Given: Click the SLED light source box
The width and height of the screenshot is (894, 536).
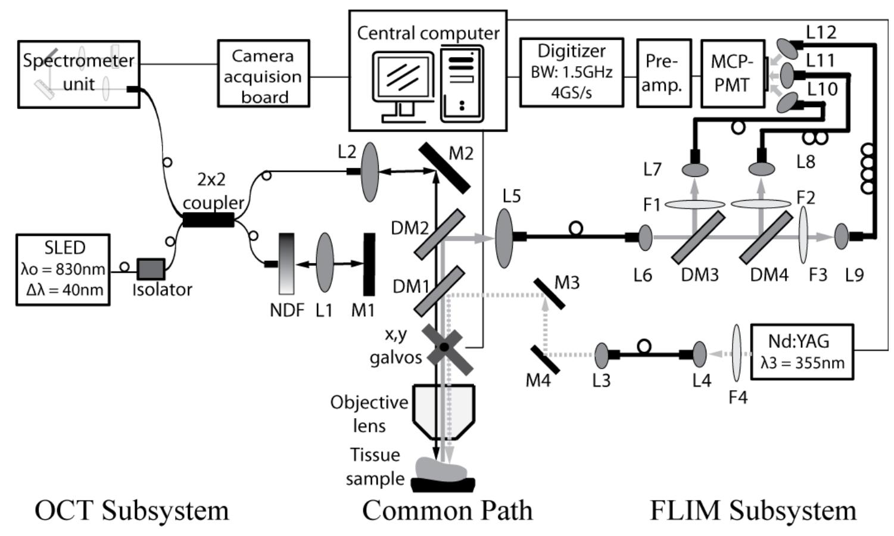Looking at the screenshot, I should [63, 269].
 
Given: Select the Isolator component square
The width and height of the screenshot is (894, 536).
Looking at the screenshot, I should [151, 269].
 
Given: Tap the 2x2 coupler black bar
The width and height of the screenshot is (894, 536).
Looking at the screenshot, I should [208, 220].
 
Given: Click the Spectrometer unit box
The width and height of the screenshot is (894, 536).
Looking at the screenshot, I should [79, 74].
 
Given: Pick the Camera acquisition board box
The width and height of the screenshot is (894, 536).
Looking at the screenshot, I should [263, 74].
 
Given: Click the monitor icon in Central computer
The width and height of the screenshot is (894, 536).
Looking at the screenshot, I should [403, 86].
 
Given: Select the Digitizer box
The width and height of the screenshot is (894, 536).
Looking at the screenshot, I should [571, 73].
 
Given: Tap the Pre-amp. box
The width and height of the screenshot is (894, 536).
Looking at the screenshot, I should [664, 73].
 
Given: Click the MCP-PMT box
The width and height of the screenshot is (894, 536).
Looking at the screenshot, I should [732, 73].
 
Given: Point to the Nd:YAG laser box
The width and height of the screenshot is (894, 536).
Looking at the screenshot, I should [802, 351].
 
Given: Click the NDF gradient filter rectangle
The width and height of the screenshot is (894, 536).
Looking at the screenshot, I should [286, 263].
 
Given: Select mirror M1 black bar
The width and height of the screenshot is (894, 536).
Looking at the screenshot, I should [369, 264].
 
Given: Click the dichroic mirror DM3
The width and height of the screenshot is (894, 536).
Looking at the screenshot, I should [698, 238].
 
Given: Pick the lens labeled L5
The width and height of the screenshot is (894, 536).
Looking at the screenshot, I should [504, 237].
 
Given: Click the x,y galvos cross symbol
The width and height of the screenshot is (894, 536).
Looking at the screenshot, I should [445, 348].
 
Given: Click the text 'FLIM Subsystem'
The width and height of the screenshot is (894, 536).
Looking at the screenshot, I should [752, 510].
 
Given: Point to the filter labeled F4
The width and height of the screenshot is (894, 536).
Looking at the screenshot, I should [737, 353].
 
